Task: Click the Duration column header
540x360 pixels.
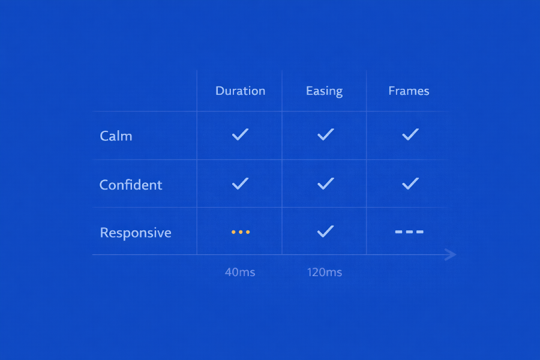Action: (x=240, y=91)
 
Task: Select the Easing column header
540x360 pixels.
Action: (x=324, y=91)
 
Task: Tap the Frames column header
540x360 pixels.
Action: (x=409, y=91)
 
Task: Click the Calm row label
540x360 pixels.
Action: (x=116, y=136)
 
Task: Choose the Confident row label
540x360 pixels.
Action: (x=131, y=185)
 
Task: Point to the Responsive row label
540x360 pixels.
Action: (x=136, y=233)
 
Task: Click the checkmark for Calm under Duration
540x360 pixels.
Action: (x=240, y=135)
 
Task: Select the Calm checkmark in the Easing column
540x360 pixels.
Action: (x=325, y=135)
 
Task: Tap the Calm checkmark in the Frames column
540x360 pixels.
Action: (x=410, y=135)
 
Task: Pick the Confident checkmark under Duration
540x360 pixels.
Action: (x=240, y=184)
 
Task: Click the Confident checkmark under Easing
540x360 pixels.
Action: (x=325, y=184)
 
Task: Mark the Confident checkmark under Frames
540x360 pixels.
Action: (x=410, y=184)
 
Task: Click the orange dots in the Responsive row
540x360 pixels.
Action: (x=241, y=232)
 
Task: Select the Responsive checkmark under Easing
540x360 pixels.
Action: (x=325, y=231)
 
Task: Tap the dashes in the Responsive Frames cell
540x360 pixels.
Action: (x=409, y=232)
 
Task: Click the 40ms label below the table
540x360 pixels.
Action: (x=240, y=272)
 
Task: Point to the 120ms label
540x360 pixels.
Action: (x=325, y=272)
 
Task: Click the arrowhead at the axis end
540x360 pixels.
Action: (x=451, y=255)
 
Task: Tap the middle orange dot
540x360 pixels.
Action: (x=241, y=232)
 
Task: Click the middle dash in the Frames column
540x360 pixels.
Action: (x=409, y=232)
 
